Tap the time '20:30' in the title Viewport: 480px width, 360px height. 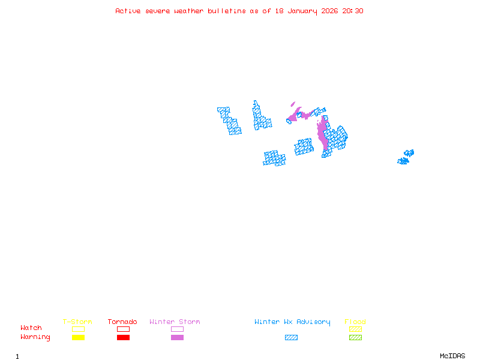[353, 11]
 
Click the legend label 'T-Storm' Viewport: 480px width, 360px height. [77, 322]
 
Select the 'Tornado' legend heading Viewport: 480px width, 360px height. [122, 322]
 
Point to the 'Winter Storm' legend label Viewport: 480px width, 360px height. [175, 322]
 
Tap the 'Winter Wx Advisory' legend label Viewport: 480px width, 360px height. [292, 322]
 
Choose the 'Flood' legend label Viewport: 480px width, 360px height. [355, 322]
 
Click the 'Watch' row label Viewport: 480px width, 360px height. [31, 328]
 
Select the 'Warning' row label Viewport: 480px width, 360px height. [35, 337]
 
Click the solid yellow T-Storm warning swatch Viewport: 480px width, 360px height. [78, 338]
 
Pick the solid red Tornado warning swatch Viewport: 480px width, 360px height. [123, 338]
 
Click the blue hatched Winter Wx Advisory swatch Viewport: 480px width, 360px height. [291, 338]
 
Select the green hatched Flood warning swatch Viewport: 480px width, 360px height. [355, 338]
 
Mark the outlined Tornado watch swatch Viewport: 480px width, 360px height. [123, 329]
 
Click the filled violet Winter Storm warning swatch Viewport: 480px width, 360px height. [177, 338]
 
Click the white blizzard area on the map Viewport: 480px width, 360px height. [243, 117]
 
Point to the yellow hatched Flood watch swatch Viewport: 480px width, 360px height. [355, 329]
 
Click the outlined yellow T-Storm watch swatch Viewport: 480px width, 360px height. [78, 329]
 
